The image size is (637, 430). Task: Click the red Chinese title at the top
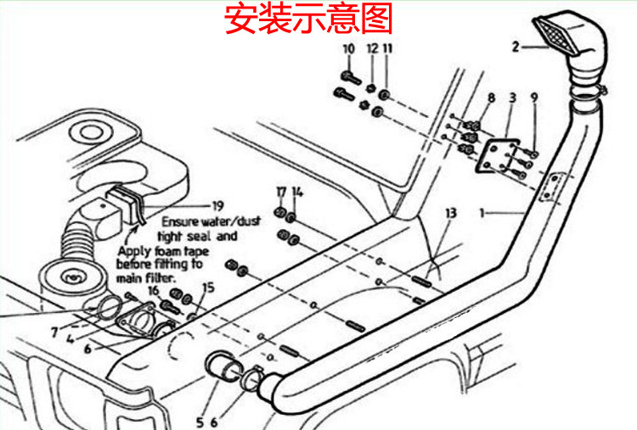coord(309,18)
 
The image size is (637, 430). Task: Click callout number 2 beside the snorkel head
coord(516,47)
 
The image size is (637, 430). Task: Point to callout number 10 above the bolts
coord(348,49)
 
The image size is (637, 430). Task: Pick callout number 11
coord(387,49)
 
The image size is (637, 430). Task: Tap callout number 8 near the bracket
coord(490,99)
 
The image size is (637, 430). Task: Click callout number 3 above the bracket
coord(511,99)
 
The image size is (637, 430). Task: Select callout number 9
coord(534,99)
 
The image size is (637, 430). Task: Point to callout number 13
coord(450,211)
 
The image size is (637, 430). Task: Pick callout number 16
coord(153,290)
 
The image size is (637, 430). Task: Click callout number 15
coord(208,288)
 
